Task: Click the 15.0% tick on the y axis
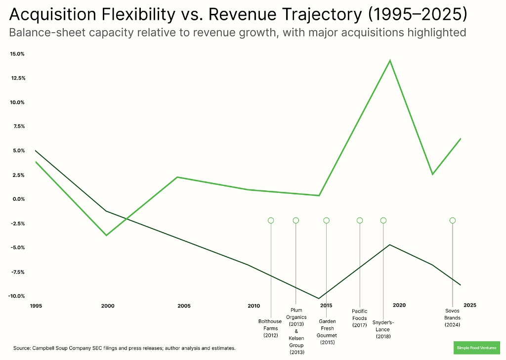(17, 54)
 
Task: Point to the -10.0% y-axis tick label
(17, 296)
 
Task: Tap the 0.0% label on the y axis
(18, 199)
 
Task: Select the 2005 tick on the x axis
(184, 306)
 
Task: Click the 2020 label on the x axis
(399, 305)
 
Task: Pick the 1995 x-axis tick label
(36, 306)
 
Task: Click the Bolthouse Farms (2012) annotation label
(270, 328)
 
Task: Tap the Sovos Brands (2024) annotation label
(452, 318)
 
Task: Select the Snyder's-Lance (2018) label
(383, 329)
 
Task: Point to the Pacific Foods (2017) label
(360, 318)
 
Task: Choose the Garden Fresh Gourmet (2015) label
(327, 331)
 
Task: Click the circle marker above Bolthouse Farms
(271, 221)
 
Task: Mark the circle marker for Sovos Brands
(452, 221)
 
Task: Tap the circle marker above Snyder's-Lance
(383, 221)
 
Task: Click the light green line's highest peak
(390, 60)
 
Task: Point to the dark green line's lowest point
(319, 298)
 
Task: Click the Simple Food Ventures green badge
(476, 348)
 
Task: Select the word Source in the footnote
(22, 348)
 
